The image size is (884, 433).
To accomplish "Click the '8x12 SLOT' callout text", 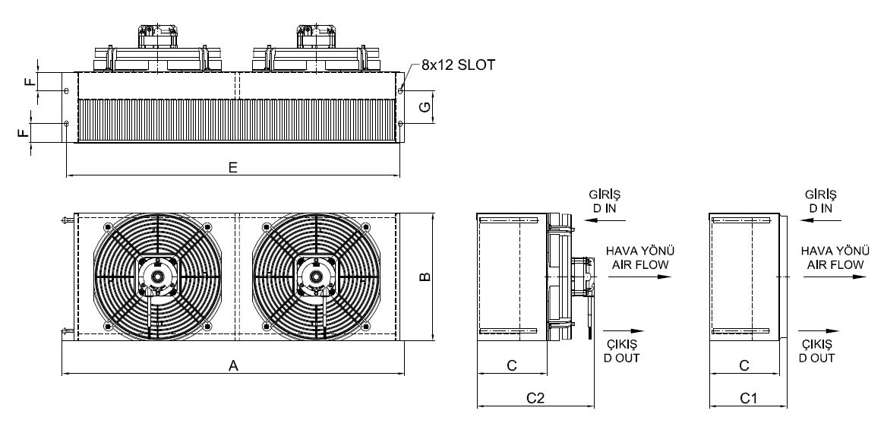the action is tap(458, 65).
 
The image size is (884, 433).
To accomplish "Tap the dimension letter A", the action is tap(233, 366).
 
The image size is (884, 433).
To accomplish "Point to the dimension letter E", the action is tap(233, 167).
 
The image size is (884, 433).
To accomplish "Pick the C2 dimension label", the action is tap(535, 398).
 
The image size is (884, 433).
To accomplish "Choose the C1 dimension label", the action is tap(747, 398).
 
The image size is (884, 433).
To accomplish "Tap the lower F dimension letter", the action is tap(23, 133).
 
